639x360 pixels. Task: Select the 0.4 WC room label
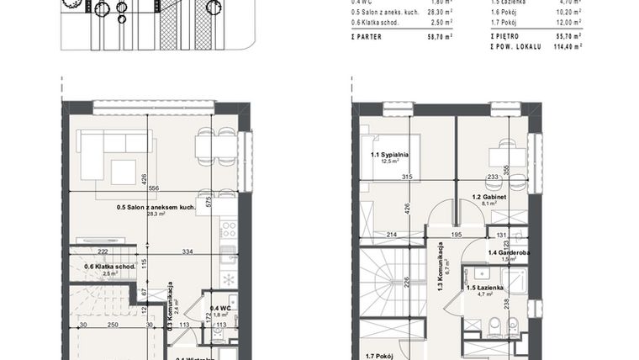click(221, 308)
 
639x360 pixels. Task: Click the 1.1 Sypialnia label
click(389, 155)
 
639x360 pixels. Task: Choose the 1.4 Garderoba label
click(508, 252)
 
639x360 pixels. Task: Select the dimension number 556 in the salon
click(154, 188)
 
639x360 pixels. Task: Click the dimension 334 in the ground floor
click(188, 251)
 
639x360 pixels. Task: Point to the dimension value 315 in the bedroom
click(406, 177)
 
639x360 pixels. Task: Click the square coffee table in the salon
click(124, 172)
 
